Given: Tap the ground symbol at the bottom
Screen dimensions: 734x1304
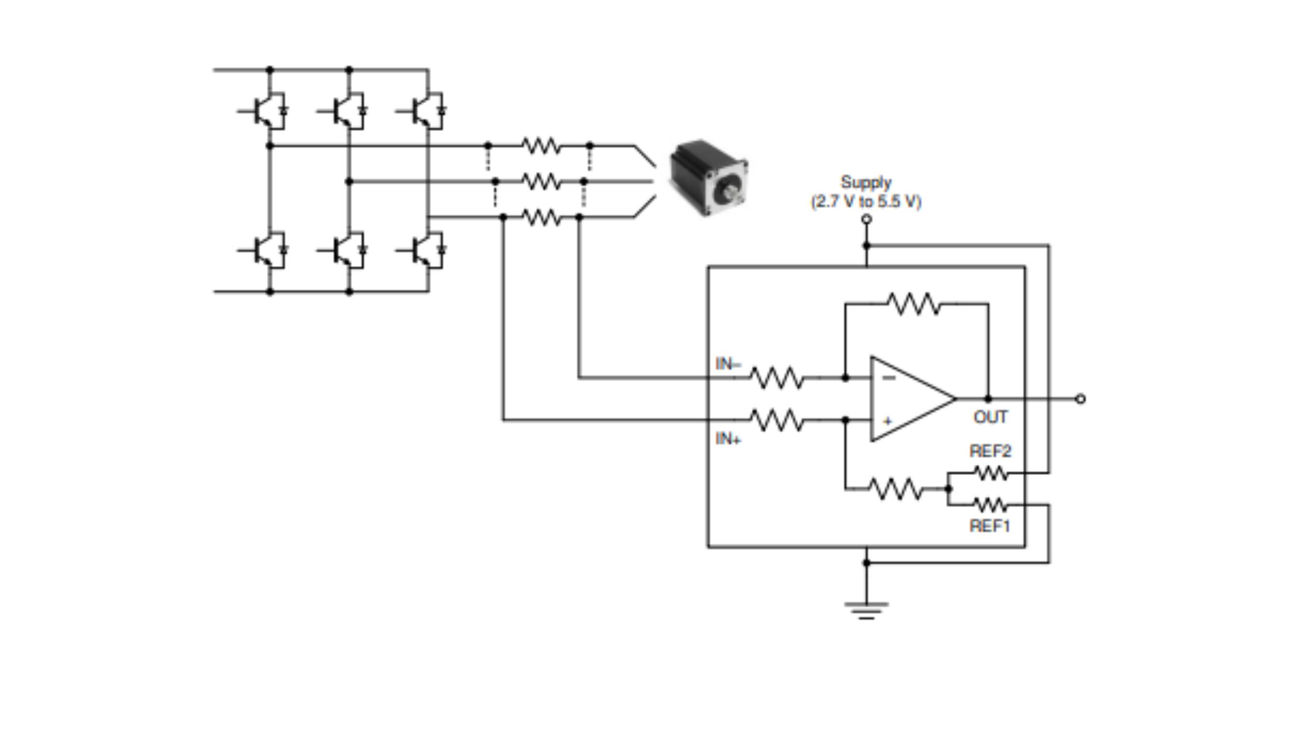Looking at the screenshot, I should [x=866, y=610].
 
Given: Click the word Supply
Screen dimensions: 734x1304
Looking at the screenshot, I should [x=866, y=182].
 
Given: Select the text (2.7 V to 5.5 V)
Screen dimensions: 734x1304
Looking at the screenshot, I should [x=866, y=202].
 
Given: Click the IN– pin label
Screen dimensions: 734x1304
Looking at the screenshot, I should [x=728, y=364].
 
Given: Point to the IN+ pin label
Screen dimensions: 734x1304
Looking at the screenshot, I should [x=728, y=439].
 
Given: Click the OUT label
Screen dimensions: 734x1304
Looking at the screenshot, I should [x=990, y=417].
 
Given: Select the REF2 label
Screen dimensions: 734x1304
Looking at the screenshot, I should [x=990, y=451].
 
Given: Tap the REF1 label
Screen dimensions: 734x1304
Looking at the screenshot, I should [x=989, y=526].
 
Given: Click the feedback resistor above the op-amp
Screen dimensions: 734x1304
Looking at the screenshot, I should [x=914, y=304].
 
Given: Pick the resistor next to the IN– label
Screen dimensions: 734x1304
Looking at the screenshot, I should [x=777, y=378].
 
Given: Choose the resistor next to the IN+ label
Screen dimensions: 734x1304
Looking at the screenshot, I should [x=777, y=420].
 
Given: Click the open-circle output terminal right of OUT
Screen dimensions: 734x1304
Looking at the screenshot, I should [x=1080, y=399].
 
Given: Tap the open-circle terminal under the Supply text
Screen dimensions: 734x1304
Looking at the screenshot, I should [x=866, y=219].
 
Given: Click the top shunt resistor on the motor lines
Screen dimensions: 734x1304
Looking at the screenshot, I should [x=541, y=146].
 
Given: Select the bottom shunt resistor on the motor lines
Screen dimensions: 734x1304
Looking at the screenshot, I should [x=541, y=218].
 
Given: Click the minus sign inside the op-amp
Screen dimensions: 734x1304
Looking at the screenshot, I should [x=888, y=378].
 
